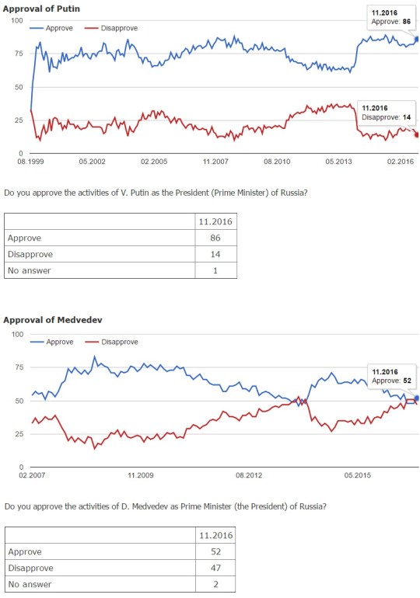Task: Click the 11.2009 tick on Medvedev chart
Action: click(140, 475)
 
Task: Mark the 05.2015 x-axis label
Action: click(358, 475)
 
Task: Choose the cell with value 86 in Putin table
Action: click(216, 238)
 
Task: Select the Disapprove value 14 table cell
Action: click(216, 255)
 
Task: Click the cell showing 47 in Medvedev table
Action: click(216, 568)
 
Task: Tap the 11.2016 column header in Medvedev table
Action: click(216, 535)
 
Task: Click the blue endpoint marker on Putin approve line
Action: click(417, 39)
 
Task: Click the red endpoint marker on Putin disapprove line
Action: click(417, 134)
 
